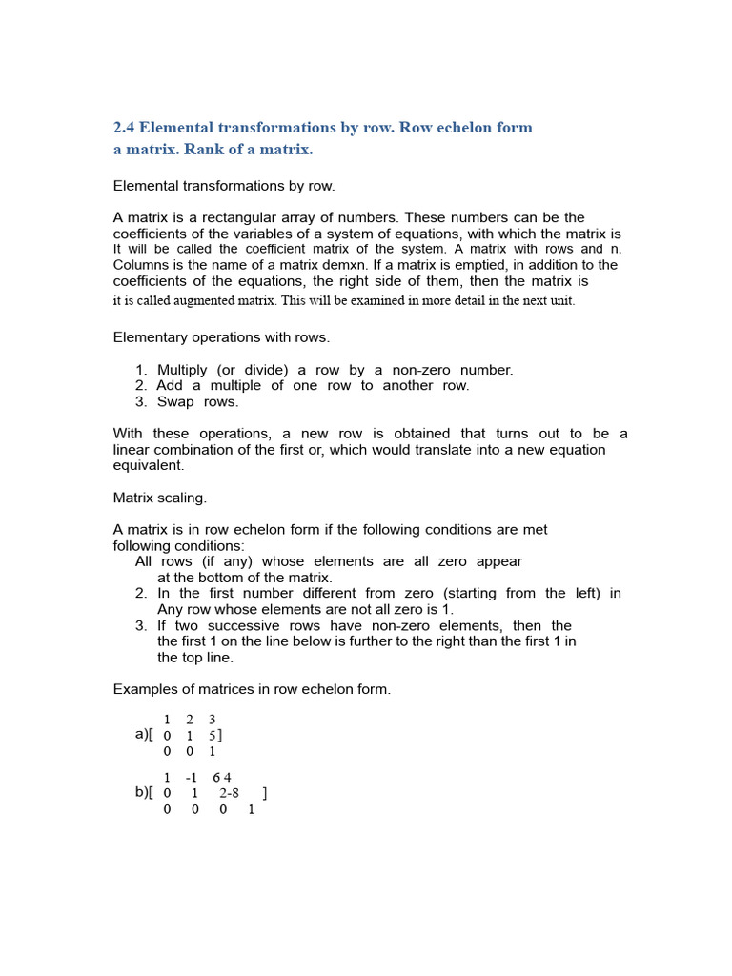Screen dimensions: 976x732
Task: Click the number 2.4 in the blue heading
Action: click(x=125, y=128)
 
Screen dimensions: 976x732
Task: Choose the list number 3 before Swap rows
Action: click(x=140, y=402)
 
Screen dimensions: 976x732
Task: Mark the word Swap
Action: click(x=175, y=402)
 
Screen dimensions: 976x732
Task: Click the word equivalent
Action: click(x=149, y=466)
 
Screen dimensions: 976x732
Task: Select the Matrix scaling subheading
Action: click(x=160, y=498)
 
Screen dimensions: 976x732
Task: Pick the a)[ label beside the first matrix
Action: click(x=144, y=735)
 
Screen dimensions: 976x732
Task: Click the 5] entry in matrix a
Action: click(x=215, y=736)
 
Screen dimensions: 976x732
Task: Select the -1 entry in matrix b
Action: click(x=192, y=778)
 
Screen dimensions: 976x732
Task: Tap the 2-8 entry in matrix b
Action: click(x=229, y=793)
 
